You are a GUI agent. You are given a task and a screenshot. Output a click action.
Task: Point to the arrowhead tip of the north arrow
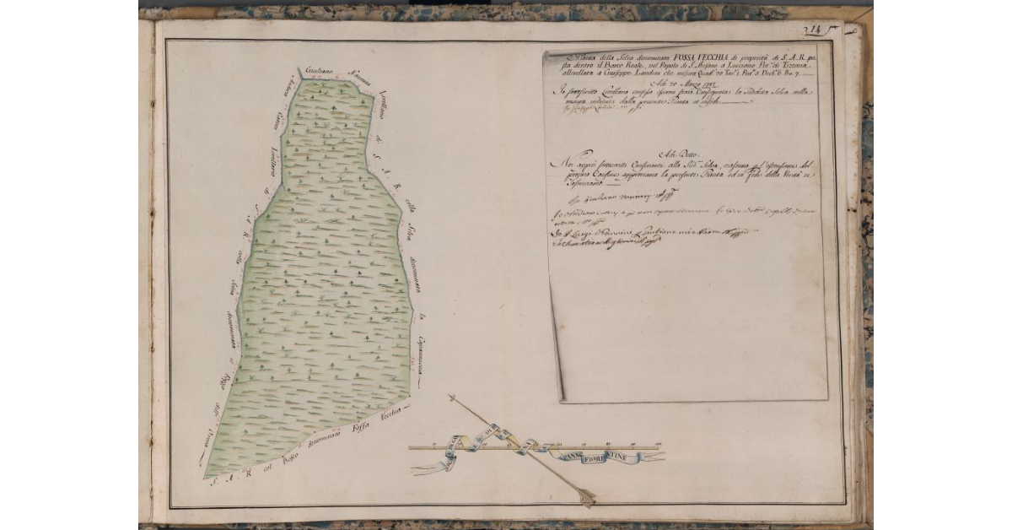point(452,397)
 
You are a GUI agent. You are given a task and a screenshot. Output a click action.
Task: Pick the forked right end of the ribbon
point(661,457)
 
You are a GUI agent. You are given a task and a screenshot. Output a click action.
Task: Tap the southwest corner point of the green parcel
point(204,478)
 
